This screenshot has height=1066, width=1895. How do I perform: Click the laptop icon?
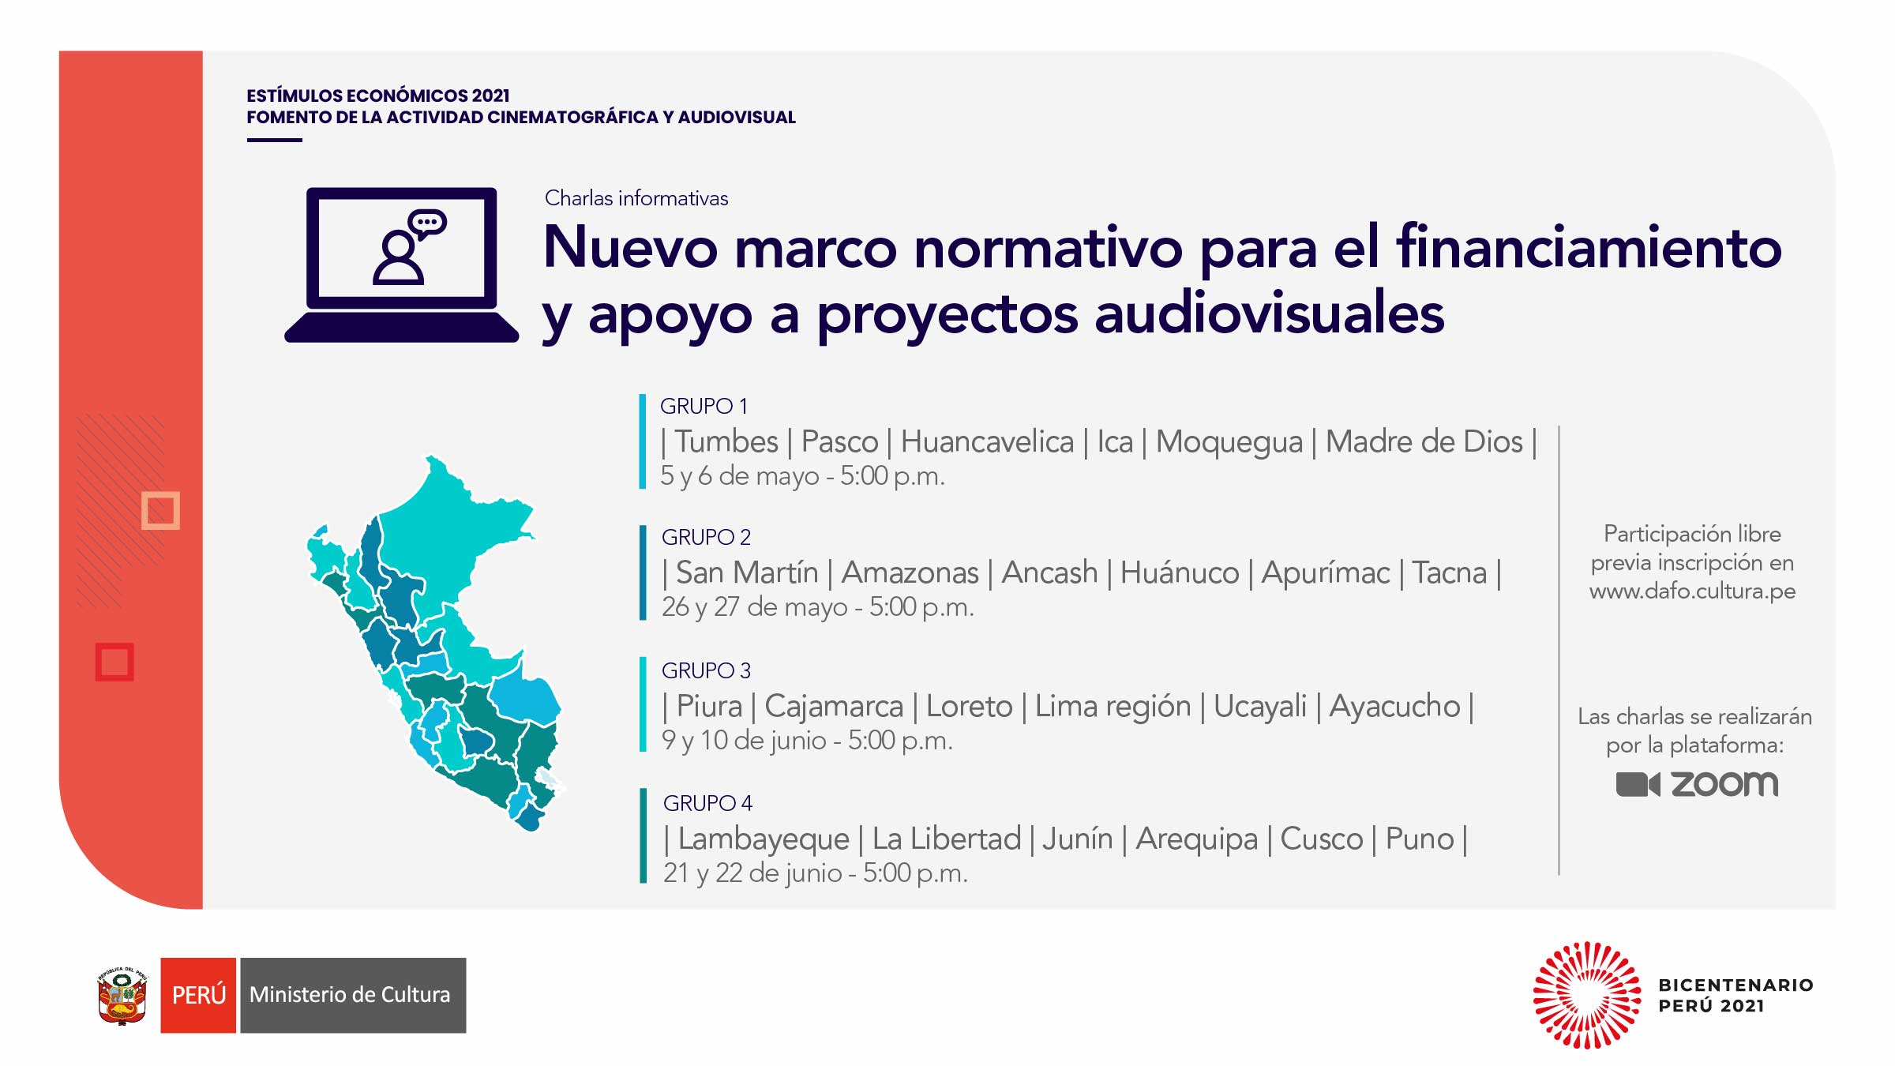tap(401, 265)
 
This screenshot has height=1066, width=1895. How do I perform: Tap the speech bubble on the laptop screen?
tap(428, 223)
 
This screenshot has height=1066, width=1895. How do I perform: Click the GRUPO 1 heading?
tap(704, 406)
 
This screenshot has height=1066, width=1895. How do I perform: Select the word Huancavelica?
tap(987, 441)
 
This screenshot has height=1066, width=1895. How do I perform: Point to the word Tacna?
tap(1449, 572)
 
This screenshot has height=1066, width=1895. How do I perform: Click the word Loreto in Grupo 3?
tap(969, 706)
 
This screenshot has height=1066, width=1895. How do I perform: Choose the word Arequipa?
tap(1196, 839)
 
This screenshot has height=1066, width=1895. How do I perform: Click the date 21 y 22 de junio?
tap(752, 873)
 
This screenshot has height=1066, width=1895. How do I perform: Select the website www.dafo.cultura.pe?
tap(1692, 591)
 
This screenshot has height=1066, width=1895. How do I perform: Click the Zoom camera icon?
tap(1638, 784)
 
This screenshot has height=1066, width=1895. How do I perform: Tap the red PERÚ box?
tap(198, 995)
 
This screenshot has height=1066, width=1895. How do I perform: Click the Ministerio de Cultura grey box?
tap(352, 995)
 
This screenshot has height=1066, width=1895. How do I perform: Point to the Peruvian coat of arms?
tap(122, 996)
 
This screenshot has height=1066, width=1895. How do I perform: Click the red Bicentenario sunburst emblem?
tap(1586, 995)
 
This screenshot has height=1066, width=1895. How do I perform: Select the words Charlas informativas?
tap(636, 198)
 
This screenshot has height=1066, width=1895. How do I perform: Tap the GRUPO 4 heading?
tap(707, 803)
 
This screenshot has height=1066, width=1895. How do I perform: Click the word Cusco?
tap(1321, 839)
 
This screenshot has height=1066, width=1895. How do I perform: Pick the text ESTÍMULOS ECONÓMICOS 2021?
tap(377, 96)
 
